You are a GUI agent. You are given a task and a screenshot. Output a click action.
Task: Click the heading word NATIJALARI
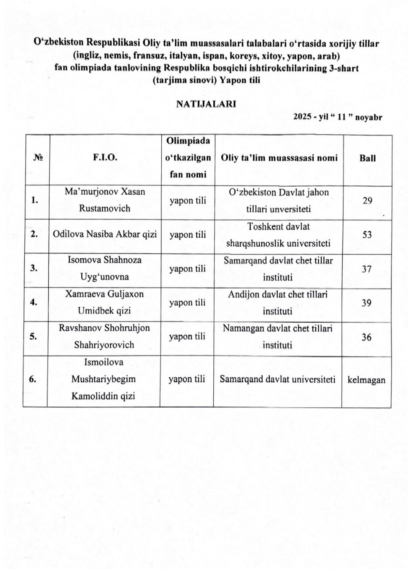click(206, 104)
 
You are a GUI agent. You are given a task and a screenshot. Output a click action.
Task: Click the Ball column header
click(367, 158)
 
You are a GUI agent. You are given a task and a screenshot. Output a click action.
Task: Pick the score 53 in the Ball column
click(367, 235)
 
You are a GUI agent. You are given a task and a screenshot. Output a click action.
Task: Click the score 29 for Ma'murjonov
click(367, 200)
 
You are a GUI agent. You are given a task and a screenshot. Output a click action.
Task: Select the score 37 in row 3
click(367, 269)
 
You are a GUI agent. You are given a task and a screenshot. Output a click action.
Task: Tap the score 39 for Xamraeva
click(367, 303)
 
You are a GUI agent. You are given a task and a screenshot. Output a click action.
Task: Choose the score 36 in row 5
click(367, 337)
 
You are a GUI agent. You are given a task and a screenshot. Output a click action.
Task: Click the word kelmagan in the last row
click(366, 380)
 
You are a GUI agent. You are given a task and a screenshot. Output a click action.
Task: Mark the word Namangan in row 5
click(241, 328)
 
